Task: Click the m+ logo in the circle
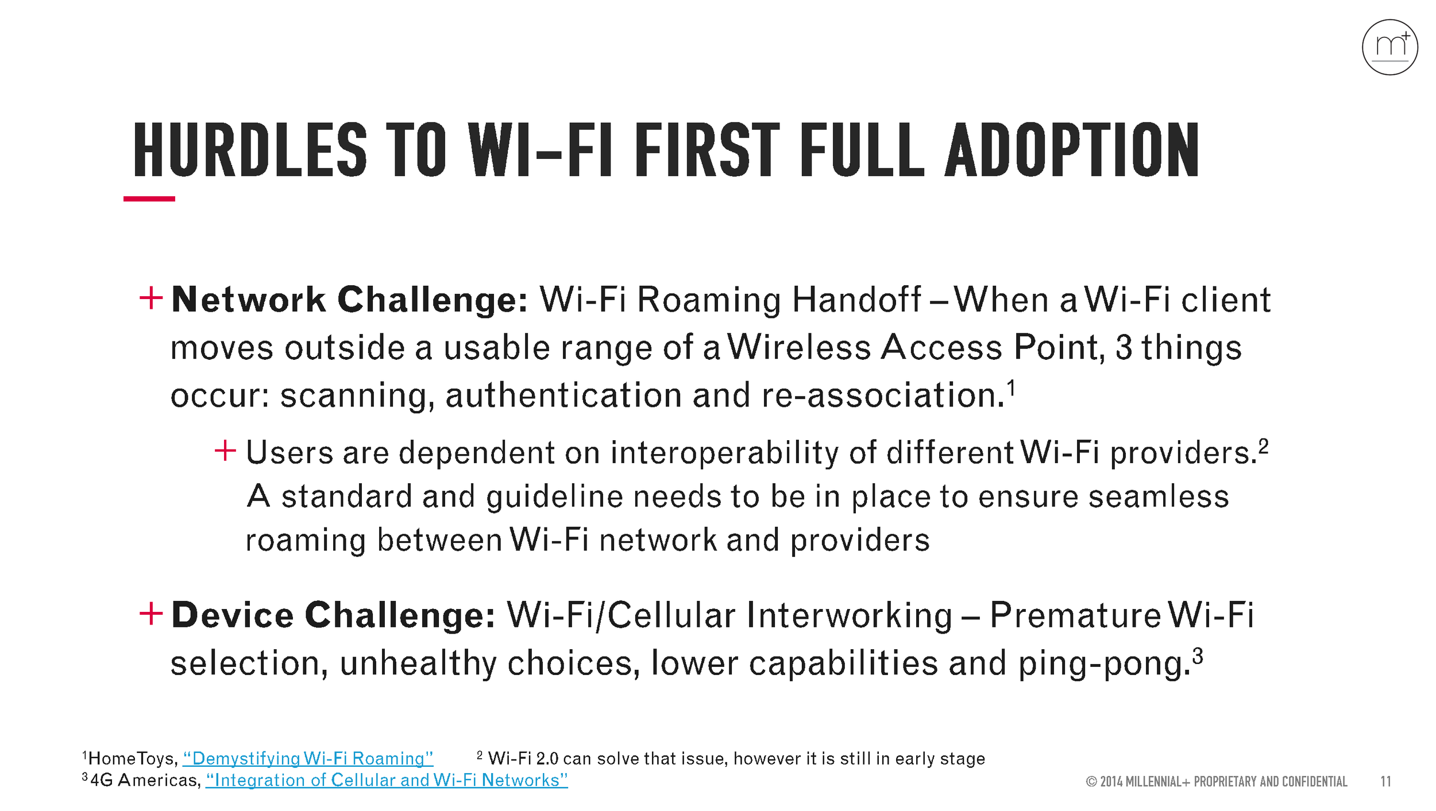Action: (x=1389, y=47)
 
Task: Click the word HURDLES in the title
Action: (x=250, y=150)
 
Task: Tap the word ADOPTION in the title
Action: (x=1072, y=150)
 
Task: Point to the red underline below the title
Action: (x=149, y=199)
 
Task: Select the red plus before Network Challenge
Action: (x=151, y=298)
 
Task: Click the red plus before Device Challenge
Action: (x=151, y=614)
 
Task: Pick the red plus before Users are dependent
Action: (x=225, y=451)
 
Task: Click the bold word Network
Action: (x=248, y=300)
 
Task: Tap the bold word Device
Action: (x=233, y=615)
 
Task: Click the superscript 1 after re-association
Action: (x=1012, y=388)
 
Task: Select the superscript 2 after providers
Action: (x=1263, y=446)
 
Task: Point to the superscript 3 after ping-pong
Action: (x=1198, y=655)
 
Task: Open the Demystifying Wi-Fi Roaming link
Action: (x=308, y=759)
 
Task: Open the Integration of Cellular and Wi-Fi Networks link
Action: (x=387, y=781)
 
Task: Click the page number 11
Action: (x=1385, y=782)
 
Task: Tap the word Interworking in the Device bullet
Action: (x=850, y=615)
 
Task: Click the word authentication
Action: (x=564, y=395)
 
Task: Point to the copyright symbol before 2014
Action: (x=1091, y=782)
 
